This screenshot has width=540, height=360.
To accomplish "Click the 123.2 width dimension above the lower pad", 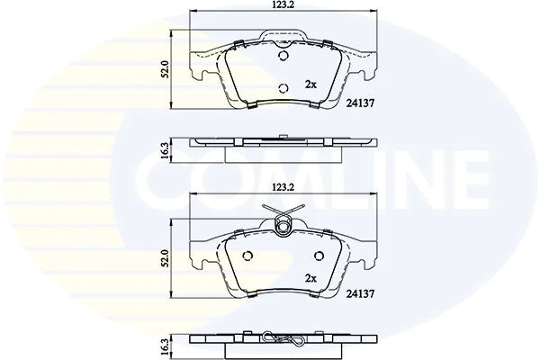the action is pyautogui.click(x=283, y=188).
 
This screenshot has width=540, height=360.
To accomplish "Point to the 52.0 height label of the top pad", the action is pyautogui.click(x=166, y=69).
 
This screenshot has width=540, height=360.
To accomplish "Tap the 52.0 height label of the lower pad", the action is pyautogui.click(x=166, y=258).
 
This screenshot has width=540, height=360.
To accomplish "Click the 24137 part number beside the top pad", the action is pyautogui.click(x=360, y=103).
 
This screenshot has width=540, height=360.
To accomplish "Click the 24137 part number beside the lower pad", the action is pyautogui.click(x=360, y=293).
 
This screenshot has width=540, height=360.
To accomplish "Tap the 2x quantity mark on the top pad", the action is pyautogui.click(x=310, y=84).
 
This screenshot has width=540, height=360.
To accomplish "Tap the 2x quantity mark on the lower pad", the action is pyautogui.click(x=310, y=278).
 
